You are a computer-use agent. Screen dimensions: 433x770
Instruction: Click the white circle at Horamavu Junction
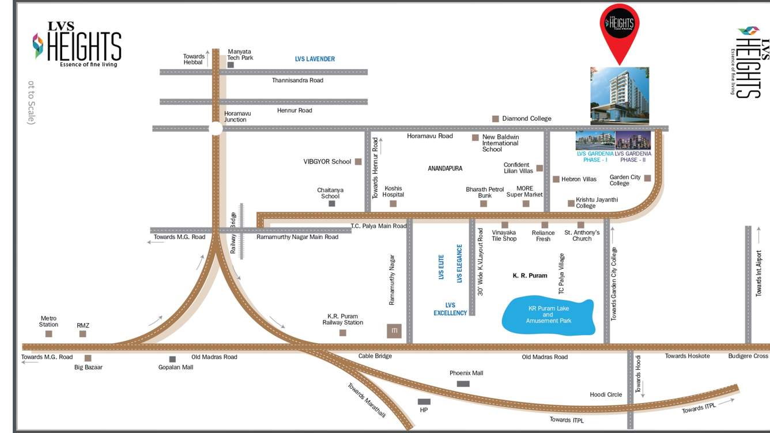click(216, 128)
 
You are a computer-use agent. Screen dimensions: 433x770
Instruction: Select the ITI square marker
click(394, 331)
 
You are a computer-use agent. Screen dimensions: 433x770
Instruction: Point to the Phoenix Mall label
click(466, 373)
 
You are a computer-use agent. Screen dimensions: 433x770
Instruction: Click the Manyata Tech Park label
click(240, 55)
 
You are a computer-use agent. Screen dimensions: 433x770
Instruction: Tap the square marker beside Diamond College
click(495, 119)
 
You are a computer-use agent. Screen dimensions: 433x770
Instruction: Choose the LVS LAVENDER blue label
click(315, 59)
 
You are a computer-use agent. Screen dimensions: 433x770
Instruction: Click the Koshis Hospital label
click(393, 192)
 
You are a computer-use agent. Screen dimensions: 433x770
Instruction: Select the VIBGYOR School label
click(327, 162)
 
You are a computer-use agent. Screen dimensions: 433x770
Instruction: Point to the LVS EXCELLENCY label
click(450, 309)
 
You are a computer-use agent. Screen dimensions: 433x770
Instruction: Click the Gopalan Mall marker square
click(172, 359)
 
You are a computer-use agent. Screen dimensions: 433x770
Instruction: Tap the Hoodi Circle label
click(606, 394)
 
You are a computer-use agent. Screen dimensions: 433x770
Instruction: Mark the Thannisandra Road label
click(297, 81)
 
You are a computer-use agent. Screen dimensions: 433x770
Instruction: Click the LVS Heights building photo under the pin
click(620, 96)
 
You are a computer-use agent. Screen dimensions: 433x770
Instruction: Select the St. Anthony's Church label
click(582, 236)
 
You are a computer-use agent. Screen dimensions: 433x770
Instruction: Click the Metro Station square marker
click(49, 334)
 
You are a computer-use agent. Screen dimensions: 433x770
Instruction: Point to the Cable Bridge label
click(375, 356)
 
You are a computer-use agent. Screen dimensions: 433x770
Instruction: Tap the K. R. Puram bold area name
click(530, 276)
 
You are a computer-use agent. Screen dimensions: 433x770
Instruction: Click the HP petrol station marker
click(424, 402)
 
